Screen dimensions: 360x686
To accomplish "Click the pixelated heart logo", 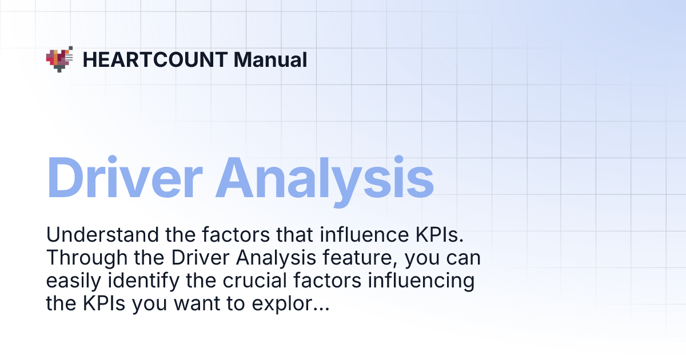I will (x=59, y=59).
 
